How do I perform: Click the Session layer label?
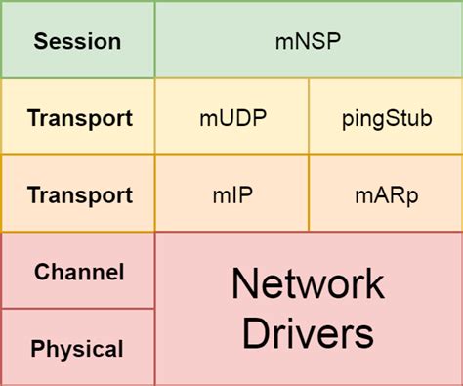click(x=77, y=41)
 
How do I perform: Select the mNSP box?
click(x=308, y=41)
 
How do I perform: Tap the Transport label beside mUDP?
click(x=80, y=118)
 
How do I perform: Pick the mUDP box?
click(x=231, y=118)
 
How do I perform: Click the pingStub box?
click(x=385, y=118)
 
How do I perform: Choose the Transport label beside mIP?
click(x=80, y=194)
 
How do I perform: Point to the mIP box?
click(x=231, y=194)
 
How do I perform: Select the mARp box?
click(x=385, y=194)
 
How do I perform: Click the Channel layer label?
click(x=79, y=272)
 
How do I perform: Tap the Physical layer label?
click(x=77, y=348)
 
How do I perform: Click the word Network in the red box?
click(x=308, y=285)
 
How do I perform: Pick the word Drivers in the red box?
click(x=308, y=333)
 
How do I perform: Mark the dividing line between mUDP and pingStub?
click(x=309, y=117)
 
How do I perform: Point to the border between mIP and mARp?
click(x=309, y=193)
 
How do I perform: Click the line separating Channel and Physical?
click(x=78, y=309)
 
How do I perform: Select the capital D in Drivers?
click(x=256, y=333)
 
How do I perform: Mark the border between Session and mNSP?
click(x=154, y=41)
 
